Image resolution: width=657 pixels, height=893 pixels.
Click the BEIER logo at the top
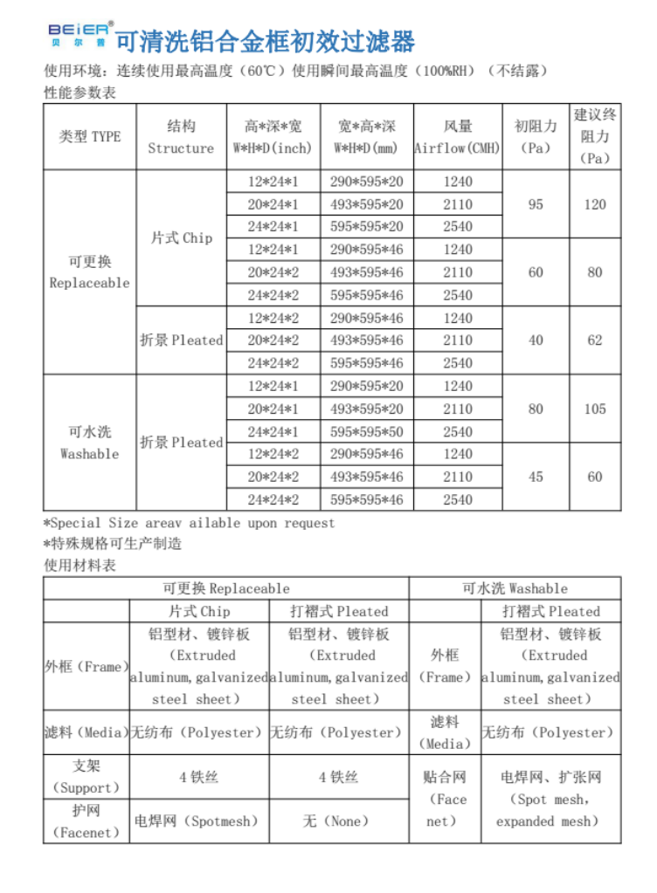[x=78, y=34]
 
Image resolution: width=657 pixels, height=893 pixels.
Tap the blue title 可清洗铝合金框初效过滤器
[x=266, y=41]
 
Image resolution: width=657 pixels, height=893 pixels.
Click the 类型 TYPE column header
[x=90, y=137]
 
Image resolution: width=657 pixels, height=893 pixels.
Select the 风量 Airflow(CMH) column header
[x=457, y=137]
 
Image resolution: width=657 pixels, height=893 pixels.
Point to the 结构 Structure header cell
[x=181, y=137]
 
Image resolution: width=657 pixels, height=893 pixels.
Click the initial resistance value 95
[x=536, y=204]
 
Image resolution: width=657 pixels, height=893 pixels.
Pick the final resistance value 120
[x=595, y=204]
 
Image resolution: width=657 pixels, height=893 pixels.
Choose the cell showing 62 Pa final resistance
[x=595, y=340]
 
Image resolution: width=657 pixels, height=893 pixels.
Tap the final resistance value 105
[x=595, y=409]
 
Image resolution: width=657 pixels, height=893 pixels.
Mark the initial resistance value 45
[x=536, y=477]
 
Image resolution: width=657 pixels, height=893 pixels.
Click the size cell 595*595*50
[x=367, y=431]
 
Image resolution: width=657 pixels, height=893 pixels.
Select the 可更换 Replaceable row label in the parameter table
[x=89, y=271]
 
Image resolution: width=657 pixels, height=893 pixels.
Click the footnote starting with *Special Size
[x=189, y=523]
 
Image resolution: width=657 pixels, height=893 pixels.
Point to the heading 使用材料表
[x=80, y=565]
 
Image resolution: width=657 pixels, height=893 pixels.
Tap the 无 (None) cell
[x=339, y=821]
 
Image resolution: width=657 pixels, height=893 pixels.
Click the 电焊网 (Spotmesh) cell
[x=199, y=821]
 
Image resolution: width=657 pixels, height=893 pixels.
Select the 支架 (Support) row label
[x=86, y=776]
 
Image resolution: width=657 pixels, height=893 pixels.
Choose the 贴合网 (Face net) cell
[x=446, y=799]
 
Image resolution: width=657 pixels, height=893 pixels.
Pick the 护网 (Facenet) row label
[x=86, y=821]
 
